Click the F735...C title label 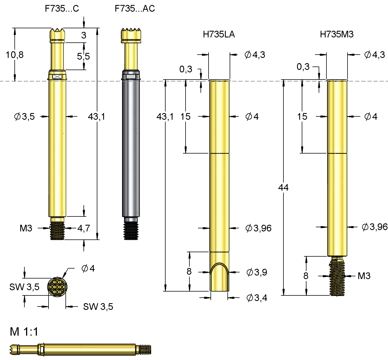[x=62, y=9]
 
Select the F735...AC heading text [x=135, y=9]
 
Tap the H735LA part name [x=219, y=34]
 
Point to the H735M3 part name [x=337, y=34]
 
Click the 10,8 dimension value [x=15, y=55]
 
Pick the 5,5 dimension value [x=83, y=57]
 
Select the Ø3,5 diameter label [x=24, y=117]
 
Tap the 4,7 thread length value [x=84, y=228]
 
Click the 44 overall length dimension [x=283, y=188]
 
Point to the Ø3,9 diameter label [x=257, y=272]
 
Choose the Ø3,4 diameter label [x=257, y=298]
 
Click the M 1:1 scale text [x=24, y=332]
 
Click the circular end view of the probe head [x=57, y=287]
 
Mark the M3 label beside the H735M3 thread [x=364, y=276]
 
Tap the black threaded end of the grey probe [x=131, y=230]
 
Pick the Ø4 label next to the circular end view [x=88, y=269]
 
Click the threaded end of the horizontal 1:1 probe [x=145, y=349]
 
